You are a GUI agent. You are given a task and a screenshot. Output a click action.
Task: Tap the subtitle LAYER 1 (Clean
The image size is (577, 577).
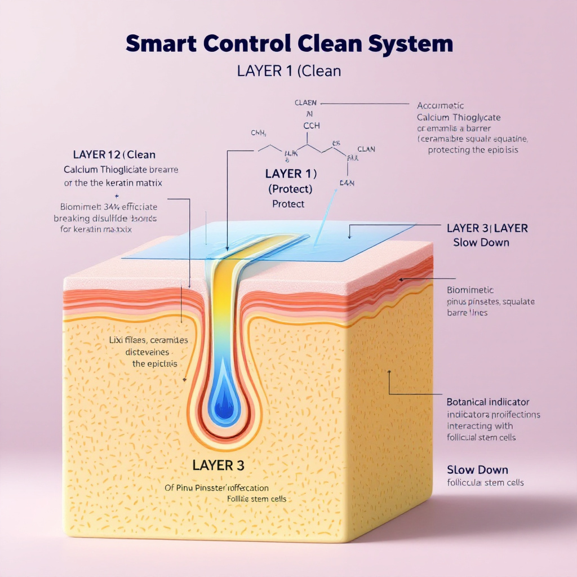[x=288, y=72]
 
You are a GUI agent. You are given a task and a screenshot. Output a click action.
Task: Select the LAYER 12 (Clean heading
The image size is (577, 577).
[x=114, y=154]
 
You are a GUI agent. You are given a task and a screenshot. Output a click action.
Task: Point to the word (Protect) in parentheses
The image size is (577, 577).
[x=290, y=189]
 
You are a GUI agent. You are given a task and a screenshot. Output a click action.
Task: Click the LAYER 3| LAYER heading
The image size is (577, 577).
[x=487, y=228]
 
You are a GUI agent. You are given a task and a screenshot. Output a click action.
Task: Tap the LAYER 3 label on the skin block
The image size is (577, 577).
[x=218, y=465]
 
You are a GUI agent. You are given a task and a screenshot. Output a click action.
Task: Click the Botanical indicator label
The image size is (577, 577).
[x=487, y=402]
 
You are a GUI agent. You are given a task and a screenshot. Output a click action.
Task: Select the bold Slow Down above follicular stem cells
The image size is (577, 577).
[x=477, y=470]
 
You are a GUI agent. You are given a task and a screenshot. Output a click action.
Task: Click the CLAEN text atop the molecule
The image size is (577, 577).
[x=305, y=103]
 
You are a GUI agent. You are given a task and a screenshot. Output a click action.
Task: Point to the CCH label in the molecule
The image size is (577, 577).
[x=311, y=126]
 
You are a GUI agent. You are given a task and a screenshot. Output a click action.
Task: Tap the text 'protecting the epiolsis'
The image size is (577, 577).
[x=473, y=150]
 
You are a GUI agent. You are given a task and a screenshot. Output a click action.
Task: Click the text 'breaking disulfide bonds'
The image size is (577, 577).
[x=105, y=218]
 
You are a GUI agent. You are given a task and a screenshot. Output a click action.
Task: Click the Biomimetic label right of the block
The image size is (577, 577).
[x=470, y=290]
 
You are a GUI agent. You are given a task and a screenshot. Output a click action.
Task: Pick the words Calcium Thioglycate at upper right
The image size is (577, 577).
[x=459, y=117]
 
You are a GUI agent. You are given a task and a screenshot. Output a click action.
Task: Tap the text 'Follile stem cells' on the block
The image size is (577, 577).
[x=256, y=499]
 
